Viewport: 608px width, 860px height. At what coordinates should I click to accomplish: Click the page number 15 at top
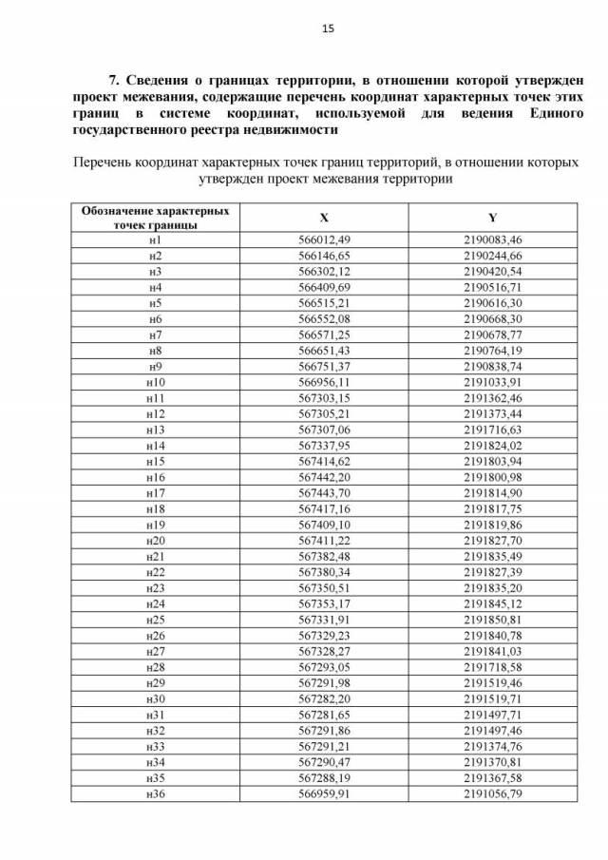point(328,29)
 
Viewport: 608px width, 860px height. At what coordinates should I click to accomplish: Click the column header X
point(324,217)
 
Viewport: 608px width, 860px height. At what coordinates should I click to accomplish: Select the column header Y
point(492,217)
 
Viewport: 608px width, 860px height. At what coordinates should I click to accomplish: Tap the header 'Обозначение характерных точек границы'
point(155,218)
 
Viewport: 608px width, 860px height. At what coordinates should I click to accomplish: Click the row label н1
point(155,239)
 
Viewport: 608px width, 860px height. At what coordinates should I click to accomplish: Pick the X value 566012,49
point(324,239)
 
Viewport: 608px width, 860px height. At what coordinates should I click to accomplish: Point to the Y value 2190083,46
point(492,239)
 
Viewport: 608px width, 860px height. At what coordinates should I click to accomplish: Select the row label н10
point(155,382)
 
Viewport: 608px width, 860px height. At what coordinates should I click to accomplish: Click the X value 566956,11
point(324,382)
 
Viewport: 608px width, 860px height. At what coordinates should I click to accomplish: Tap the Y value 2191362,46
point(492,397)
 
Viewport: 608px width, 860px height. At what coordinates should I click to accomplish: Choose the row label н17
point(155,492)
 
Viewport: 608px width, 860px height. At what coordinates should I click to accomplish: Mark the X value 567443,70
point(324,492)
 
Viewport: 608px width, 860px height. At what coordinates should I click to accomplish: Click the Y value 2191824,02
point(492,445)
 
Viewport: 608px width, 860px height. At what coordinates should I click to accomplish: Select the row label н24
point(155,603)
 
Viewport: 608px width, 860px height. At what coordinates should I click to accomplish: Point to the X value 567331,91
point(324,619)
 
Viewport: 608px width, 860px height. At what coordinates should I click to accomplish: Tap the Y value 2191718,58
point(492,666)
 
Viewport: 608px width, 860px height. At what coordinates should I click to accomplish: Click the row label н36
point(155,793)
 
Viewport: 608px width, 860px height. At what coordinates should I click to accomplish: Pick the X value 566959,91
point(324,793)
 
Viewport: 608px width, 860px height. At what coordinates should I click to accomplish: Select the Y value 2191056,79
point(492,793)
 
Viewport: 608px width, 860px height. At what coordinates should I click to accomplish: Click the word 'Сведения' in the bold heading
point(165,80)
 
